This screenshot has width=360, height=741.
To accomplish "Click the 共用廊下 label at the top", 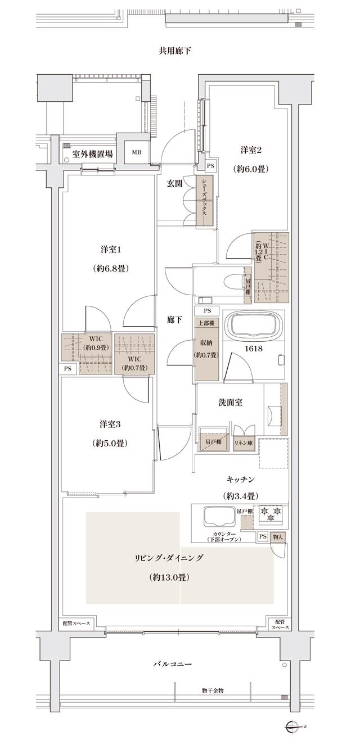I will coord(175,51).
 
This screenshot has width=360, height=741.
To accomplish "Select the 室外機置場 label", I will coord(92,153).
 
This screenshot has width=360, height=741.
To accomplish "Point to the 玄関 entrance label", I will coord(174,183).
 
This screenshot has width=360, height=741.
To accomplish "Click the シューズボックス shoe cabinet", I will coord(204,201).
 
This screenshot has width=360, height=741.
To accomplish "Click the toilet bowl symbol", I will coord(231,280).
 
